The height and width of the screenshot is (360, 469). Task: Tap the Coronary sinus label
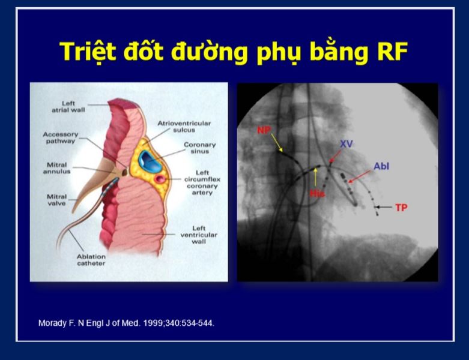200,148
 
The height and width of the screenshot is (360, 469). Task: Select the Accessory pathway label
61,138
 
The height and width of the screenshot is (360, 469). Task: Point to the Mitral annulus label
57,168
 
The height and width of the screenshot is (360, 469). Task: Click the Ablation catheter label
91,260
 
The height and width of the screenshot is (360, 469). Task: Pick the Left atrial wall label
68,107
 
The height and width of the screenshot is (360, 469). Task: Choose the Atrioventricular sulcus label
184,127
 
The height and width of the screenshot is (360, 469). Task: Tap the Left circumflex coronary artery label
202,182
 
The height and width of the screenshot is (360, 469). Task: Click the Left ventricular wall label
199,235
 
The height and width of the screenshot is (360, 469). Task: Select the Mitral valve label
56,200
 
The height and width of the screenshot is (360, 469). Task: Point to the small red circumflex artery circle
159,179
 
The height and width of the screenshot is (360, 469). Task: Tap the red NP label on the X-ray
264,130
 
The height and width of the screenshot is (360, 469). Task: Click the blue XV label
346,144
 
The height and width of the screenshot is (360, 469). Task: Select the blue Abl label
381,166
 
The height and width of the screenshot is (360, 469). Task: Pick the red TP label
401,208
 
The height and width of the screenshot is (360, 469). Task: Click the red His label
316,193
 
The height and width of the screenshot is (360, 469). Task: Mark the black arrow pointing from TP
384,207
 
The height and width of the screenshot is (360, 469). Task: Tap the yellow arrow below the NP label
277,143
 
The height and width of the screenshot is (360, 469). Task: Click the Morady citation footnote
126,323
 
